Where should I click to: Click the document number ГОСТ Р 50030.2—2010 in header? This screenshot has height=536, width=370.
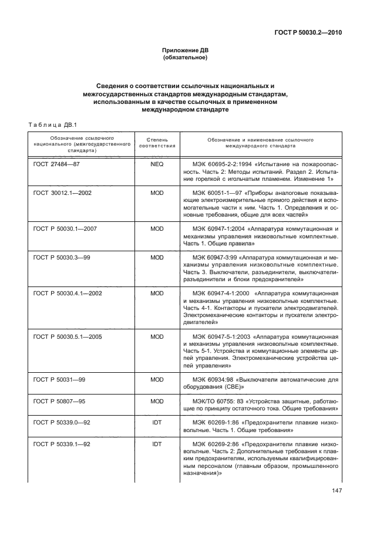click(308, 32)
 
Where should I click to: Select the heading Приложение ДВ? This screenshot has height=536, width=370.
click(184, 51)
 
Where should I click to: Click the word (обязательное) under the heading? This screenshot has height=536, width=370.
click(184, 58)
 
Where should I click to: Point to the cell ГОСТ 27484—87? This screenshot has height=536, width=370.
click(56, 164)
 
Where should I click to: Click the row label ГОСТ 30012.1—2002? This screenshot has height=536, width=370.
click(64, 193)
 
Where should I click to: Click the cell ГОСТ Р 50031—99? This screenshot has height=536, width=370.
click(60, 380)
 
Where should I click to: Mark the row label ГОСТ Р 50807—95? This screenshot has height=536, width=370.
click(60, 401)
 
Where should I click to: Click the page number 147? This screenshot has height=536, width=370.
click(336, 491)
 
